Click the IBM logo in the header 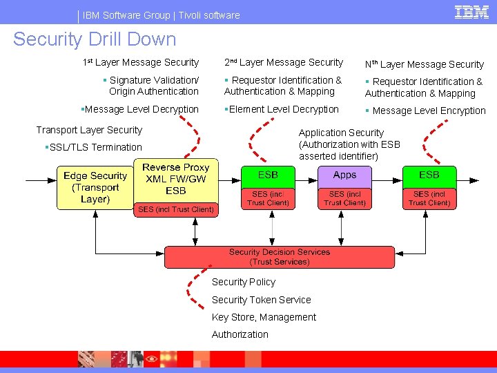pos(472,12)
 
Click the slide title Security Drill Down pos(95,39)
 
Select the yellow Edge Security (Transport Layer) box pos(95,187)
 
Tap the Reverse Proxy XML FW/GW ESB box pos(175,179)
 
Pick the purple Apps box pos(344,175)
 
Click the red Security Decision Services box pos(280,257)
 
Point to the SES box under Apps pos(344,198)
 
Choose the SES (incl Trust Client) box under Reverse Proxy pos(175,209)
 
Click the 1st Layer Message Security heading pos(141,63)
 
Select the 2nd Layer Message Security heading pos(283,63)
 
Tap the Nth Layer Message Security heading pos(424,64)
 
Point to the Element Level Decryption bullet pos(282,109)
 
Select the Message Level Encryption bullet pos(426,111)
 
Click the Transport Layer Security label pos(89,130)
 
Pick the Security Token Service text pos(261,300)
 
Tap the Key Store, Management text pos(264,317)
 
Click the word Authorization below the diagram pos(240,334)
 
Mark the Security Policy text pos(243,282)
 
